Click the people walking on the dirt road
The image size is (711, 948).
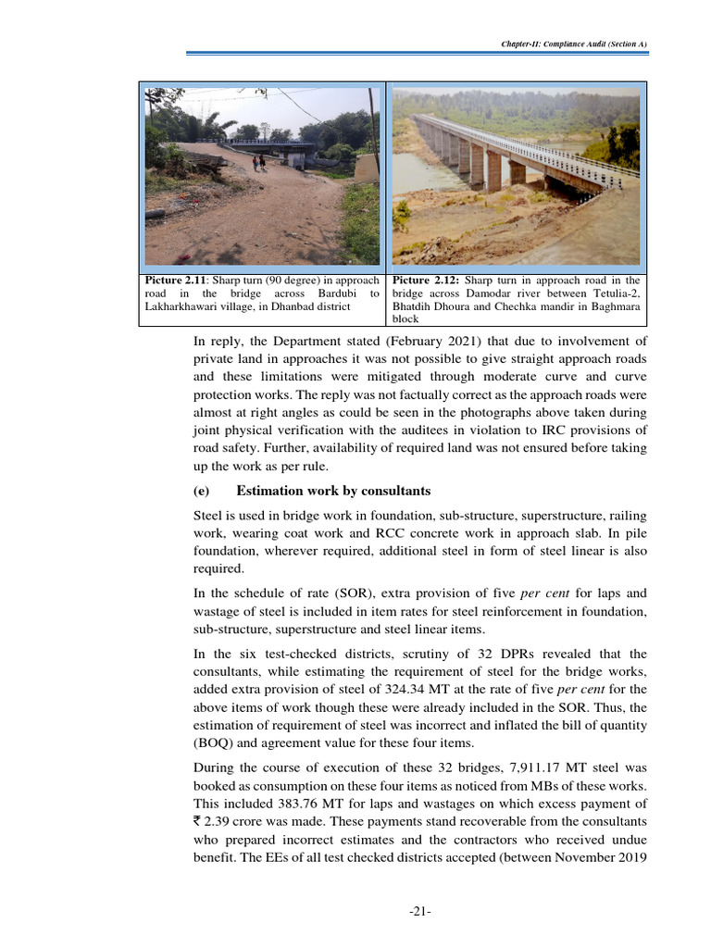258,162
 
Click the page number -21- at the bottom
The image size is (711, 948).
421,912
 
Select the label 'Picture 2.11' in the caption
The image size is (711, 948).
175,280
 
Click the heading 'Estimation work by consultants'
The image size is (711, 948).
333,491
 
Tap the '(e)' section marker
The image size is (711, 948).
203,491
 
